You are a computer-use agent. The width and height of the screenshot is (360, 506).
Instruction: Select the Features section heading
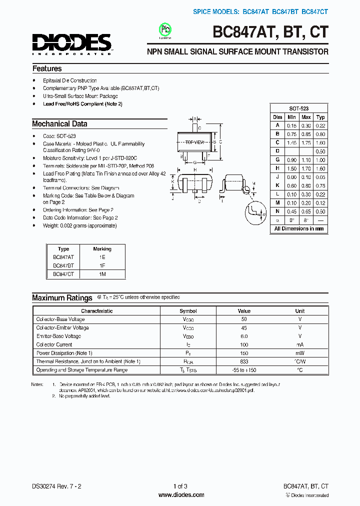[x=47, y=68]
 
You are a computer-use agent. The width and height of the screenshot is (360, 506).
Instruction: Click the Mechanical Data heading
[x=59, y=123]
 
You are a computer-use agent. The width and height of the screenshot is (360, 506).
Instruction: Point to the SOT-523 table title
[x=298, y=108]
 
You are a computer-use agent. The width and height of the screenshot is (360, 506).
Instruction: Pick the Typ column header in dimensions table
[x=320, y=117]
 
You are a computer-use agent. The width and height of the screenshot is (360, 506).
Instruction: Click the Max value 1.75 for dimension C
[x=306, y=142]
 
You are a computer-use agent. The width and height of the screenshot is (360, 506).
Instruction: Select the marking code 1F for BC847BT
[x=102, y=265]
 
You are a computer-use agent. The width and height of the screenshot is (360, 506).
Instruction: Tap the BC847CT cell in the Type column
[x=63, y=274]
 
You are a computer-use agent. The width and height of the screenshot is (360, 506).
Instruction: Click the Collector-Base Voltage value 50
[x=244, y=319]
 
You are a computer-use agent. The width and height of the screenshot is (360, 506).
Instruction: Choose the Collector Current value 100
[x=244, y=344]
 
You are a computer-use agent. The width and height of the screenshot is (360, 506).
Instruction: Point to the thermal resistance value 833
[x=244, y=361]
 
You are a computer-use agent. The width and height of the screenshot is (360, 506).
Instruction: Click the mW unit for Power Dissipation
[x=300, y=353]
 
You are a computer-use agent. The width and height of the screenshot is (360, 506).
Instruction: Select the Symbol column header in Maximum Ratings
[x=188, y=310]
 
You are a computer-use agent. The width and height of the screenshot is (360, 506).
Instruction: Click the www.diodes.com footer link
[x=180, y=495]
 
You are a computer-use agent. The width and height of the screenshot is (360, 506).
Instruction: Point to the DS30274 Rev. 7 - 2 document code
[x=55, y=486]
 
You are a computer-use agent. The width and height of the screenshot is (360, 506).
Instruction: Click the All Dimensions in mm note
[x=298, y=228]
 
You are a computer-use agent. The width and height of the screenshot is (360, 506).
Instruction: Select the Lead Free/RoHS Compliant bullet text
[x=82, y=104]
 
